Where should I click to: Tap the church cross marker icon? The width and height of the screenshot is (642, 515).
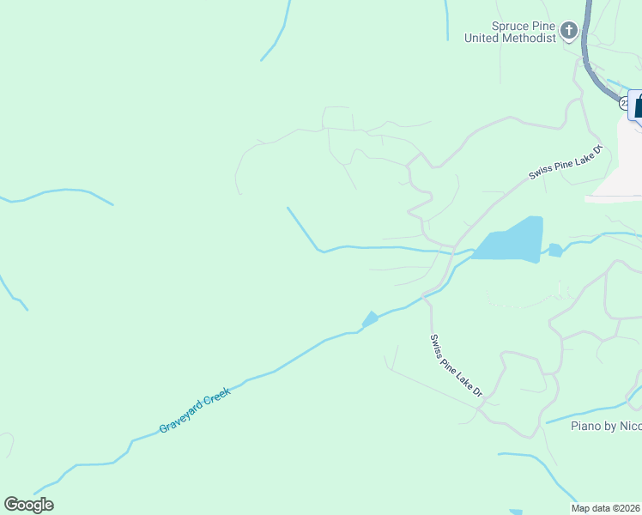568,33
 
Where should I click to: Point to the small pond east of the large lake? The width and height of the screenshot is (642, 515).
555,250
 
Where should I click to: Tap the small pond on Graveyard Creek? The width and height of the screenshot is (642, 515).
370,319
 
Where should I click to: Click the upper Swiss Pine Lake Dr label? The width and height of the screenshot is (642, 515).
566,161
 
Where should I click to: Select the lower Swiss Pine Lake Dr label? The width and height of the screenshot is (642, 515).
457,366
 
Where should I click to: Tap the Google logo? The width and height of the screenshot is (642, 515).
28,505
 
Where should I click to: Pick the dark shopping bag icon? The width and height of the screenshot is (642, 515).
638,106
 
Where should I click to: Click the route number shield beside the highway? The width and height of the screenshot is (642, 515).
622,103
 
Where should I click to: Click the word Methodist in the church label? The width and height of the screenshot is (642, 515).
531,38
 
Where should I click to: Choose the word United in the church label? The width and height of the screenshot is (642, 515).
482,38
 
